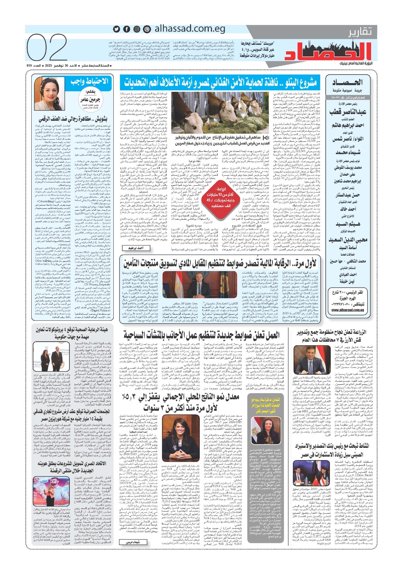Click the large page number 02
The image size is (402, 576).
[x=47, y=49]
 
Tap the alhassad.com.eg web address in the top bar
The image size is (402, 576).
[x=190, y=29]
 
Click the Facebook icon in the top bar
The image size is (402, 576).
[x=127, y=29]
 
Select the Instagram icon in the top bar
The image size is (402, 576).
[x=137, y=29]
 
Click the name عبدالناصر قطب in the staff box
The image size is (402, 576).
[x=344, y=112]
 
